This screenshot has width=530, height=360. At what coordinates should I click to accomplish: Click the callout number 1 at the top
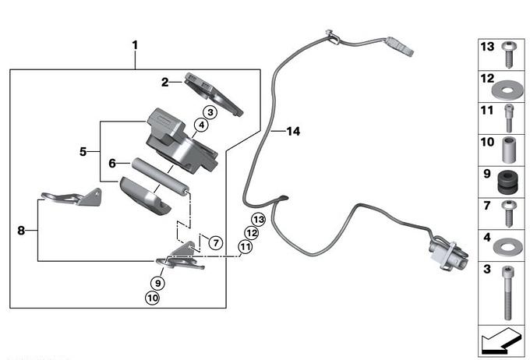(135, 45)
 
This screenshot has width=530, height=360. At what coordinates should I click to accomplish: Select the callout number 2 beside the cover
(165, 81)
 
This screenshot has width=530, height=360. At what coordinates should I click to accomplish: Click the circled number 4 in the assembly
(201, 125)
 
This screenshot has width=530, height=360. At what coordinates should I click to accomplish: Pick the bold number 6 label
(112, 164)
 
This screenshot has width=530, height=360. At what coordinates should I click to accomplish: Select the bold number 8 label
(22, 230)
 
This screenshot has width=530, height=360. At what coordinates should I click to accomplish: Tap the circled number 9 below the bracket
(157, 283)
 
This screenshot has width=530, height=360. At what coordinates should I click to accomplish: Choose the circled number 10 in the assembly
(151, 297)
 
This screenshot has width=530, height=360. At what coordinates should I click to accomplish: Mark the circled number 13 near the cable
(259, 220)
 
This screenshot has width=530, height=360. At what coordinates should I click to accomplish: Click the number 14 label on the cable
(292, 132)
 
